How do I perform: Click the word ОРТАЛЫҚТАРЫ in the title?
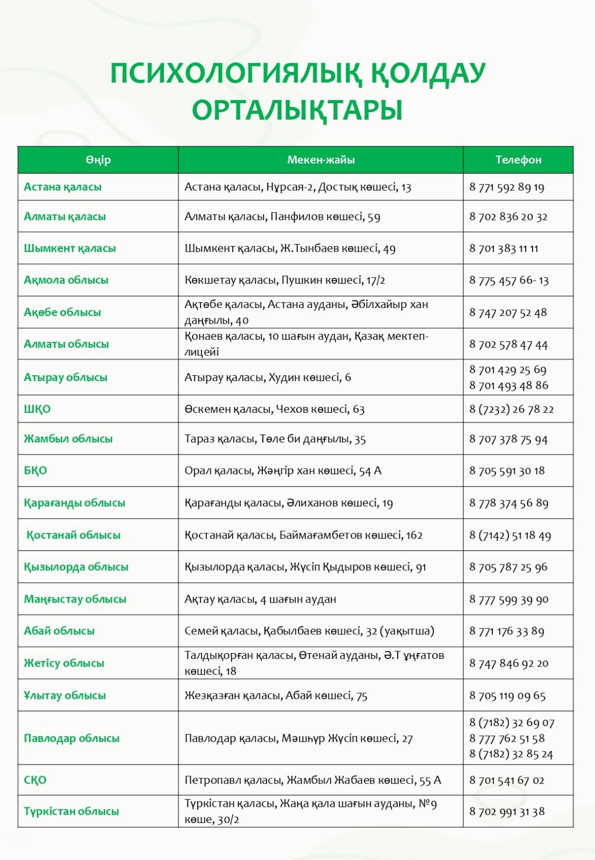pyautogui.click(x=297, y=110)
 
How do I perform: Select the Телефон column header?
pyautogui.click(x=518, y=160)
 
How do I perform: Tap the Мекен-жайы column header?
pyautogui.click(x=320, y=160)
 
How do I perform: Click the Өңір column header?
pyautogui.click(x=98, y=160)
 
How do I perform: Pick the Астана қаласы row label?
pyautogui.click(x=62, y=187)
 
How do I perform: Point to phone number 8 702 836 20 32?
pyautogui.click(x=508, y=217)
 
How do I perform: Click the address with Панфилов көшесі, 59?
pyautogui.click(x=282, y=217)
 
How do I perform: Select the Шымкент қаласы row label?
pyautogui.click(x=69, y=248)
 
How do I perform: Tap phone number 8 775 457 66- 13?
pyautogui.click(x=508, y=280)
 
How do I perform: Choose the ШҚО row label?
pyautogui.click(x=37, y=409)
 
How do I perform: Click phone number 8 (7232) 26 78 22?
pyautogui.click(x=511, y=409)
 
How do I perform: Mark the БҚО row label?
pyautogui.click(x=35, y=470)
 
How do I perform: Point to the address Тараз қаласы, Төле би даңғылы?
pyautogui.click(x=275, y=439)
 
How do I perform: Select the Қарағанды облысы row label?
pyautogui.click(x=74, y=503)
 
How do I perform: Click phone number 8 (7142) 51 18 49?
pyautogui.click(x=510, y=535)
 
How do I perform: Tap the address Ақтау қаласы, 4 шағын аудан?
pyautogui.click(x=260, y=599)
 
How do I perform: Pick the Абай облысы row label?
pyautogui.click(x=59, y=631)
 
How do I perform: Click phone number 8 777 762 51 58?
pyautogui.click(x=507, y=738)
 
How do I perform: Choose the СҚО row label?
pyautogui.click(x=35, y=780)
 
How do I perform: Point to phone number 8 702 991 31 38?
pyautogui.click(x=507, y=812)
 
